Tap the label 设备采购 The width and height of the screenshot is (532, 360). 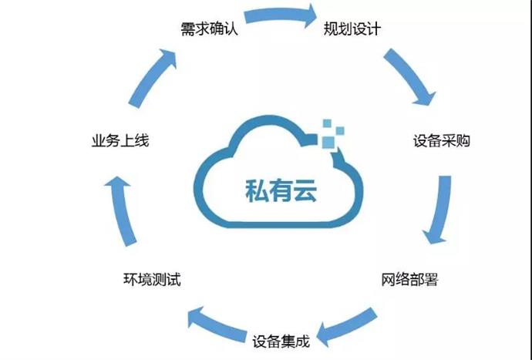pos(441,142)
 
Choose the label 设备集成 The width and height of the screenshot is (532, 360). pos(281,338)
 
